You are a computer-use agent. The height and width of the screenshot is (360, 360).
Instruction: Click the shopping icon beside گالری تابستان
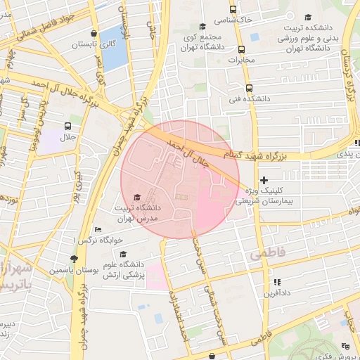(94, 32)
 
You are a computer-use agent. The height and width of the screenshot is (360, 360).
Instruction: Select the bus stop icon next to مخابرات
(242, 49)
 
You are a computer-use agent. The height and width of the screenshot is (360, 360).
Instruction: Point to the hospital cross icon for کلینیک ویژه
(264, 180)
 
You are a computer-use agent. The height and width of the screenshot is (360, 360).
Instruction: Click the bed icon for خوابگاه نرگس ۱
(98, 230)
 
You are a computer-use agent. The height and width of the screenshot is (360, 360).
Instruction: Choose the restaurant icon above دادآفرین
(275, 281)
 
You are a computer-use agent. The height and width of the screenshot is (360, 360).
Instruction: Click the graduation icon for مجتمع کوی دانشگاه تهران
(202, 26)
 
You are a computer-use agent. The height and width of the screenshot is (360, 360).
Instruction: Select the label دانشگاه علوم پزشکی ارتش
(145, 270)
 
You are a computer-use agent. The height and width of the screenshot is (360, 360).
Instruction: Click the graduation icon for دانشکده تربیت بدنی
(307, 18)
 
